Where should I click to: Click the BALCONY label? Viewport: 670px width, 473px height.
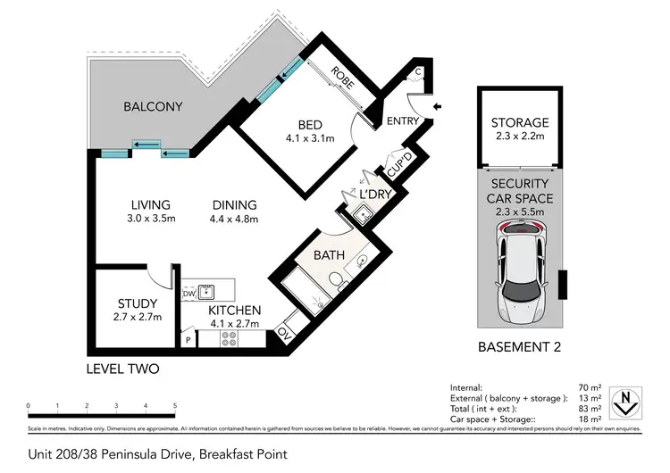coord(153,107)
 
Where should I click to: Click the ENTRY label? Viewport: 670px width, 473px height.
coord(403,120)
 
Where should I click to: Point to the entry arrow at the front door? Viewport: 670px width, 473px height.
coord(436,107)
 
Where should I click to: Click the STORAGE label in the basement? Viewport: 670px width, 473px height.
coord(520,122)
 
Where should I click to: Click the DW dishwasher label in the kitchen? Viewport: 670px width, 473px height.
coord(188,292)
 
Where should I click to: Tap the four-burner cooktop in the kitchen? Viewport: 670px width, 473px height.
coord(228,338)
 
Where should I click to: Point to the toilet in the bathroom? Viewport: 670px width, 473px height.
coord(336,282)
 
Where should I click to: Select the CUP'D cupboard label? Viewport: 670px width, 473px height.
coord(397,165)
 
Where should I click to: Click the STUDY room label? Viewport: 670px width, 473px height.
coord(137,303)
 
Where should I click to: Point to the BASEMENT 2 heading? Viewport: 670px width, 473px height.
coord(520,348)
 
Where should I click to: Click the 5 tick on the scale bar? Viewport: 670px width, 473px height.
coord(174,406)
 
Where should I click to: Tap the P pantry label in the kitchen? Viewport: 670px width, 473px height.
coord(188,340)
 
